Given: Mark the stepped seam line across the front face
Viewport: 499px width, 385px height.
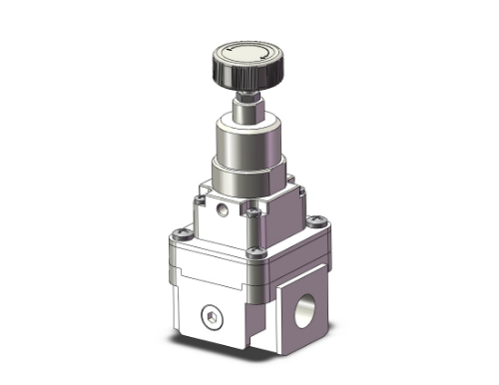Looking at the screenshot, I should click(210, 264).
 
